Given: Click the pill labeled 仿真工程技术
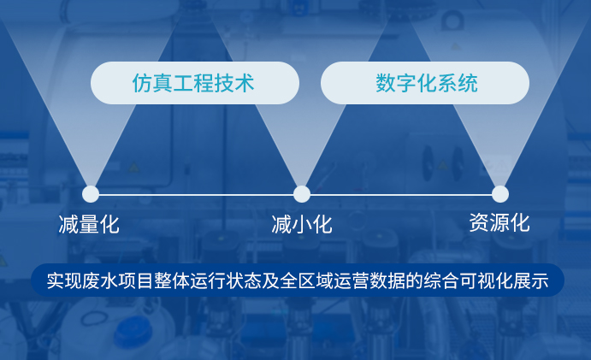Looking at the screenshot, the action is tap(195, 83).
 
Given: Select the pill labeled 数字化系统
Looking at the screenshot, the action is tap(425, 83).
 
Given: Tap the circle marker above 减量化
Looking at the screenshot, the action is tap(91, 194).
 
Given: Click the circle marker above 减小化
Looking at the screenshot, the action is tap(302, 194).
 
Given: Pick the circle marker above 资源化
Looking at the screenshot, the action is tap(500, 194).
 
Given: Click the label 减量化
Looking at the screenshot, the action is tap(89, 225).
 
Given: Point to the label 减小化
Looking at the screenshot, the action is tap(302, 225).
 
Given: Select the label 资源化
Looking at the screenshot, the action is tap(499, 223).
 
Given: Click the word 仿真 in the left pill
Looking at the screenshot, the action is tap(152, 83).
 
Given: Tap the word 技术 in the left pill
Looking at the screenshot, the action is tap(234, 83).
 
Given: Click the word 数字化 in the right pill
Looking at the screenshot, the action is tap(406, 83).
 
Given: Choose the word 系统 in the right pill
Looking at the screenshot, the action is tap(458, 83).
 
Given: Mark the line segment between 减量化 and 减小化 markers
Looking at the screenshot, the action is tap(196, 194).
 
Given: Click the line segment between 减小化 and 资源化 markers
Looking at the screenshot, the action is tap(401, 194).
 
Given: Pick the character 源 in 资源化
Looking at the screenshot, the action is tap(499, 223).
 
